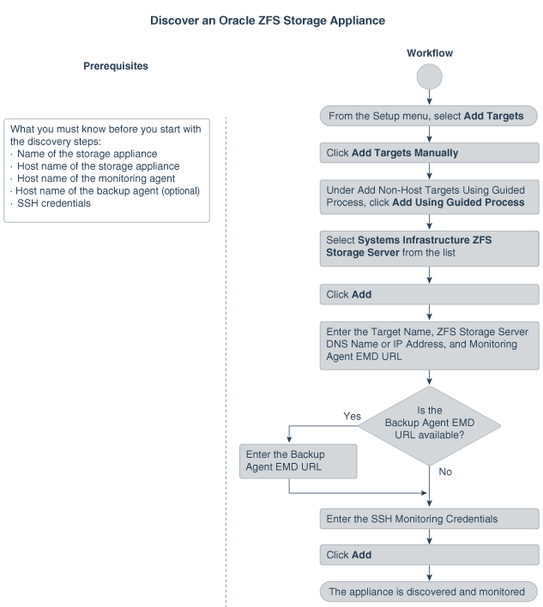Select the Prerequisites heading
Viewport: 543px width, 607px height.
click(116, 65)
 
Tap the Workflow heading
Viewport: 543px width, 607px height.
click(429, 53)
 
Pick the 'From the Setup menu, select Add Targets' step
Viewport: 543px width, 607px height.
click(429, 115)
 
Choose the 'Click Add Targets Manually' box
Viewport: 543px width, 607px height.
click(429, 153)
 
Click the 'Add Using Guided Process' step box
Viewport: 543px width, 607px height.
click(429, 196)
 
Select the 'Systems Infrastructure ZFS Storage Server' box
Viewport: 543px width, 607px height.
click(429, 247)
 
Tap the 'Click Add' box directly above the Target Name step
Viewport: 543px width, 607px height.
click(429, 294)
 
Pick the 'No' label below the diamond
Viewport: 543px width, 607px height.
click(445, 472)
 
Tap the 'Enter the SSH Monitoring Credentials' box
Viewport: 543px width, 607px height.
click(429, 519)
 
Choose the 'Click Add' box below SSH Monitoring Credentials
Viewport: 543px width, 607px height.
click(429, 556)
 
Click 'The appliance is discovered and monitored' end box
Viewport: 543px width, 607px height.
click(429, 592)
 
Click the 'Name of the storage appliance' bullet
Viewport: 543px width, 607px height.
click(88, 153)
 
